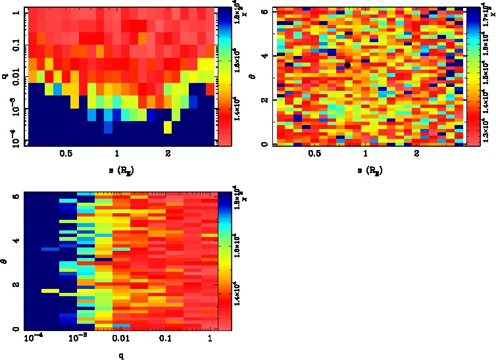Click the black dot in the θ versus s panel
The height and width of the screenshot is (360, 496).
click(347, 64)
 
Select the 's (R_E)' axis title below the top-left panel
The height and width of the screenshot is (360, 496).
click(116, 170)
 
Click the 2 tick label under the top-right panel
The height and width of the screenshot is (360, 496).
click(416, 153)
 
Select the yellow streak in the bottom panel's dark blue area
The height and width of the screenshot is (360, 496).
click(50, 290)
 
